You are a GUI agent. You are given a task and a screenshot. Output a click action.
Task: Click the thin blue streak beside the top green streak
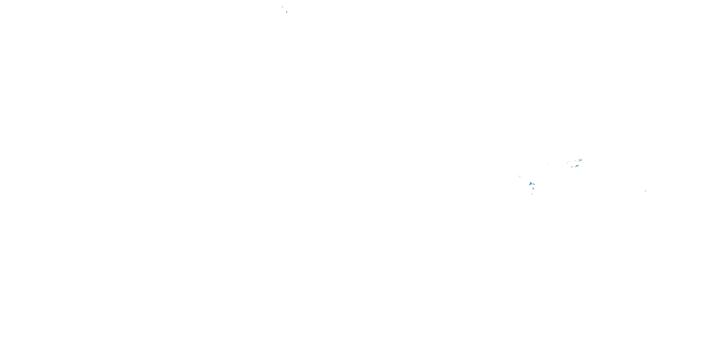coord(282,7)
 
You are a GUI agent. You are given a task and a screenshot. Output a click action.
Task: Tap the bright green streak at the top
coord(287,12)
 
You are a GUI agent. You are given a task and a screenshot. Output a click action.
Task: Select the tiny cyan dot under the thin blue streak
coord(282,8)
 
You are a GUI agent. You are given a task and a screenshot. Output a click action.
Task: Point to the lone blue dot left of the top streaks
coord(206,7)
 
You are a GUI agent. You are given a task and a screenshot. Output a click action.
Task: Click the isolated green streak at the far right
coord(645,191)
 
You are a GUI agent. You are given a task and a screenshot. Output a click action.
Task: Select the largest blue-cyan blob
coord(531,183)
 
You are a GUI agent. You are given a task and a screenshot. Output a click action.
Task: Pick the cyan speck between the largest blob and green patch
coord(533,184)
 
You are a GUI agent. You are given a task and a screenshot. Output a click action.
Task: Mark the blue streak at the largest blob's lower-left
coord(530,185)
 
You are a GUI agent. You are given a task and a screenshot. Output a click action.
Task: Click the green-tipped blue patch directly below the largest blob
coord(533,188)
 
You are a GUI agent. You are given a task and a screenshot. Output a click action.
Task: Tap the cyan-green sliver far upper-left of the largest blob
coord(518,175)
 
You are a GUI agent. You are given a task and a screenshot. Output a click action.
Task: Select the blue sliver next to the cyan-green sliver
coord(520,177)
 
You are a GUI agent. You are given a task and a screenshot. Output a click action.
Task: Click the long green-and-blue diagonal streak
coord(577,166)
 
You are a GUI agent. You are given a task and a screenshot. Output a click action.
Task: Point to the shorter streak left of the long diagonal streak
coord(572,167)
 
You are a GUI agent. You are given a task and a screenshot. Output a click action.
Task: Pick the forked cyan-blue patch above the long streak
coord(580,160)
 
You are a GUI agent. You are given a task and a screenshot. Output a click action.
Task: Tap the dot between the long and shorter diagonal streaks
coord(574,167)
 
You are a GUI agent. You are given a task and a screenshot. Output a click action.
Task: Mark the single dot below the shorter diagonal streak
coord(573,169)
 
